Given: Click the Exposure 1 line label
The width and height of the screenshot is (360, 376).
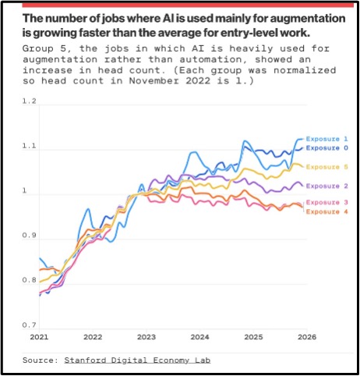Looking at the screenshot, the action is [x=326, y=139].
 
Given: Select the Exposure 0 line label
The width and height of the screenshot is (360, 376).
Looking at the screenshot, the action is [x=326, y=148].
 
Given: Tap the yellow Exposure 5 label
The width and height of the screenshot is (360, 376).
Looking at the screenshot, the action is [x=326, y=167].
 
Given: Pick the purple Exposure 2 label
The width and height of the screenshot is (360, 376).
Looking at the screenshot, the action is [x=326, y=186].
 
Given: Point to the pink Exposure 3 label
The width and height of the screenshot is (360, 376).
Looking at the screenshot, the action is [x=326, y=202].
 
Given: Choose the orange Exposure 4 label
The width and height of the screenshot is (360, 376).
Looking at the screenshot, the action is [x=326, y=211].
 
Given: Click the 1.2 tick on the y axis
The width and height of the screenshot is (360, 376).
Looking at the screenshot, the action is [x=29, y=101].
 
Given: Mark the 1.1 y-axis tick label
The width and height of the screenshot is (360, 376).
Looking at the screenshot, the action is [x=29, y=146].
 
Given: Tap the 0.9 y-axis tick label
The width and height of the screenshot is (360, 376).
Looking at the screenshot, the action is [x=29, y=236].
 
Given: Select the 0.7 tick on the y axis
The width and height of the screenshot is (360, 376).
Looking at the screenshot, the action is [x=29, y=325].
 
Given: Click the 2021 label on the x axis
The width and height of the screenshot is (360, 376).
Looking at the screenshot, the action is [x=39, y=337].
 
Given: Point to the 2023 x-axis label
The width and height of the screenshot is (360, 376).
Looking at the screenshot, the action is [x=146, y=337].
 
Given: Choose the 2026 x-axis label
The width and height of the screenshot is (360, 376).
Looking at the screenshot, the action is [x=307, y=337].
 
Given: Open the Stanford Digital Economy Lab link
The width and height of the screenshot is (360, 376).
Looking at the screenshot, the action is [x=137, y=360].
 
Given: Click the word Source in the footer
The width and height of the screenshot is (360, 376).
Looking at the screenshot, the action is [x=38, y=360].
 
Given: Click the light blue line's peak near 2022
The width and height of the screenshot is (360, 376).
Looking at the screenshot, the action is [x=88, y=209].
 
